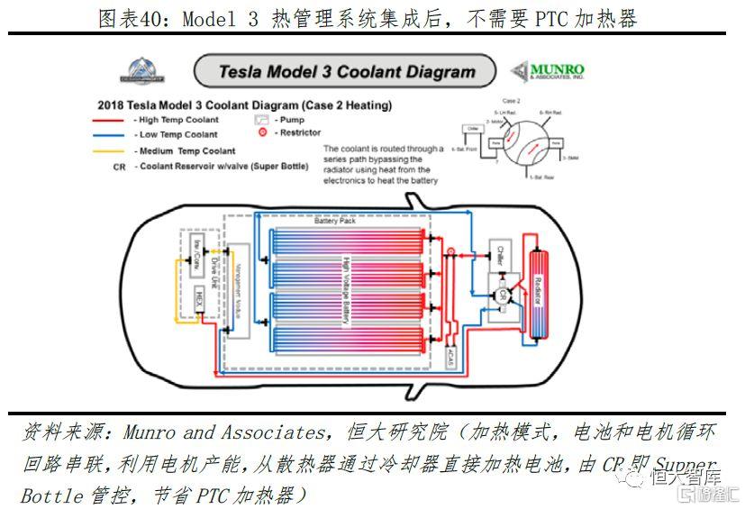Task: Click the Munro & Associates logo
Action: click(547, 72)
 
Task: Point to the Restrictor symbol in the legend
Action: click(262, 132)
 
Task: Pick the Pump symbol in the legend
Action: click(261, 119)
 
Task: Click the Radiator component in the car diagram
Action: click(540, 287)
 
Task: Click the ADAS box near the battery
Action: click(450, 355)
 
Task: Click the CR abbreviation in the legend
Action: click(120, 167)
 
